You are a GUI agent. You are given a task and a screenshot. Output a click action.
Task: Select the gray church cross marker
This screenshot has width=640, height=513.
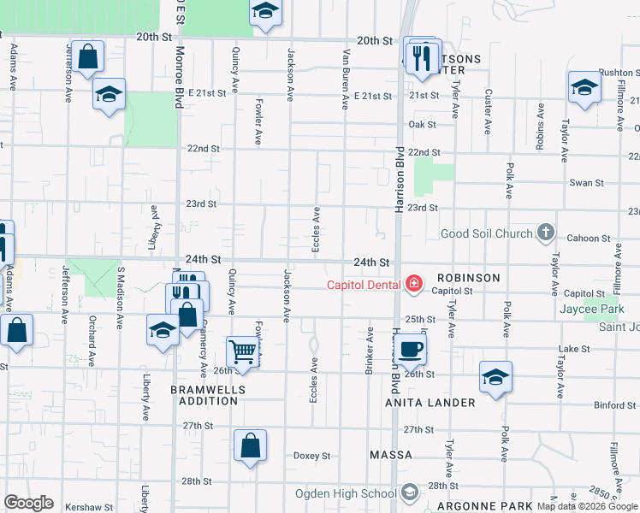(x=546, y=233)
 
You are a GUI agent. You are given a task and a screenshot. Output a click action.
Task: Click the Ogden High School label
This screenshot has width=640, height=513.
(x=346, y=493)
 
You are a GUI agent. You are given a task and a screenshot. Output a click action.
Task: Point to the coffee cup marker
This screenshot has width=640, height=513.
(x=412, y=349)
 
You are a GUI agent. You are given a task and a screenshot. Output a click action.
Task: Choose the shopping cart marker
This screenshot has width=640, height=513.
(x=243, y=351)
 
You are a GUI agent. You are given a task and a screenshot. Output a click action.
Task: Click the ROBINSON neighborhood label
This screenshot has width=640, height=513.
(x=467, y=278)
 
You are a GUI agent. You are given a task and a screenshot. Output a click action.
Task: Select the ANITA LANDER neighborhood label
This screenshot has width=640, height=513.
(x=430, y=403)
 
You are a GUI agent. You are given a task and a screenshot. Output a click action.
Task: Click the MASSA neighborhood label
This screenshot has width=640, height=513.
(x=391, y=454)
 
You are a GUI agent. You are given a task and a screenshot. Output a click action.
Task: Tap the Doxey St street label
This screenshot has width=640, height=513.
(x=312, y=456)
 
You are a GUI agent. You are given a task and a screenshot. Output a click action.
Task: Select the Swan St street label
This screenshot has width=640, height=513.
(x=587, y=183)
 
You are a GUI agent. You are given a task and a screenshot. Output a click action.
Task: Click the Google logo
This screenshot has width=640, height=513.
(x=28, y=503)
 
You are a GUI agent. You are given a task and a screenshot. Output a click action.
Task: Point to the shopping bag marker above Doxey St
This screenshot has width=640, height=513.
(x=250, y=446)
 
